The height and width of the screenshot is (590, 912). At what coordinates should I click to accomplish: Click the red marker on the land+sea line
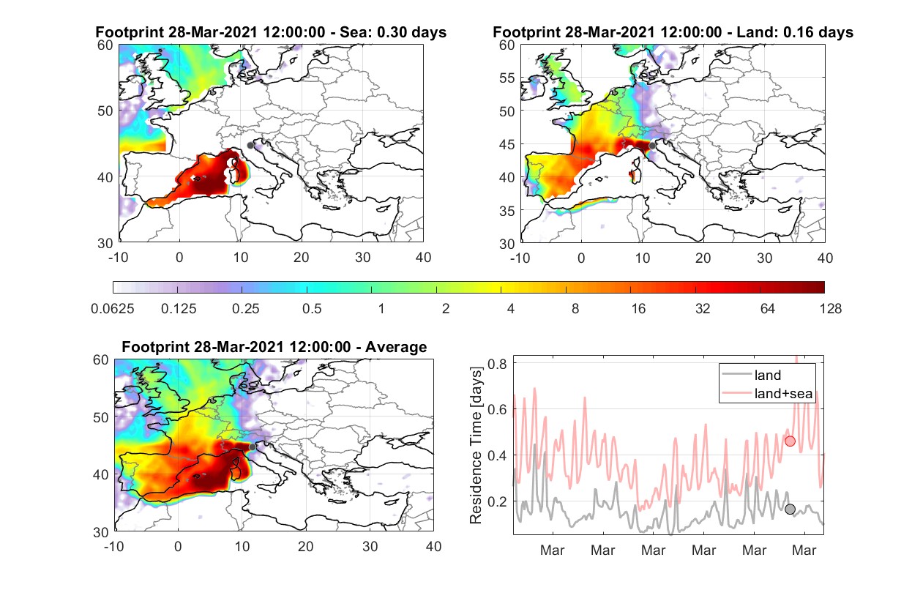790,441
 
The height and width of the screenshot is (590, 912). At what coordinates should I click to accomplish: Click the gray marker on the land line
790,509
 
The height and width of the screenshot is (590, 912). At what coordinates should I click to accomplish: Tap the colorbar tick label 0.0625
113,309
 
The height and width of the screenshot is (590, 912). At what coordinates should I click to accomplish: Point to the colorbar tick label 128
830,309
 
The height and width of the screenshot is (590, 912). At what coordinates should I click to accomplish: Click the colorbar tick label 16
638,309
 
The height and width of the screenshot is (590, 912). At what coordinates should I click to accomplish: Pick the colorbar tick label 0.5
312,309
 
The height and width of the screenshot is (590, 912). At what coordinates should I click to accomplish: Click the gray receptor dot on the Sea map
250,146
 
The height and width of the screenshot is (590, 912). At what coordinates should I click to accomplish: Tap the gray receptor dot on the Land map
652,146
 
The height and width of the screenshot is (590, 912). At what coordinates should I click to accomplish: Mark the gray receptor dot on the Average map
253,447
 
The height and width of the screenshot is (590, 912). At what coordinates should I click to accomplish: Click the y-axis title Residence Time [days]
476,446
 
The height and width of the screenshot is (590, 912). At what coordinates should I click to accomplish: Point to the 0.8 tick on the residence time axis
497,363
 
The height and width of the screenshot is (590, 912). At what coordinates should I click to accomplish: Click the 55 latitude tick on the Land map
507,78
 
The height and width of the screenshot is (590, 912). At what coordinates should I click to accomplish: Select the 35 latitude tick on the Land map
507,211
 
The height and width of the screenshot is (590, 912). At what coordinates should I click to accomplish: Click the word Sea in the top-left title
351,32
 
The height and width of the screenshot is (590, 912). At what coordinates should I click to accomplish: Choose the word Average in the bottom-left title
396,347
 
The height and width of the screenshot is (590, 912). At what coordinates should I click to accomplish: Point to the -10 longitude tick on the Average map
114,546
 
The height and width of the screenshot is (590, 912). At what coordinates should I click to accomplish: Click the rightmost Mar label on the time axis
804,550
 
